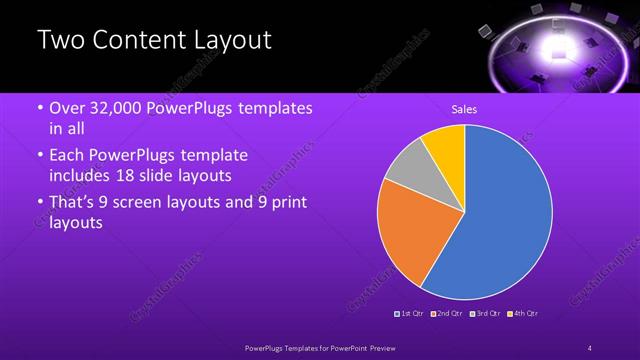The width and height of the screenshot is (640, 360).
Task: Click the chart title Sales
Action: click(x=464, y=109)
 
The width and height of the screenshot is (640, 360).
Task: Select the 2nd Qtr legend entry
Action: click(x=446, y=314)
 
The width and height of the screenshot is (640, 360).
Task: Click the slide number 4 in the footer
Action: click(x=590, y=347)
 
